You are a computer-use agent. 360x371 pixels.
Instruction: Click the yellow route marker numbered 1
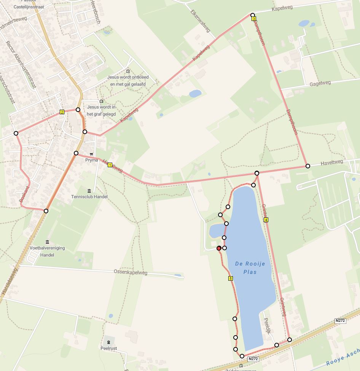click(x=110, y=165)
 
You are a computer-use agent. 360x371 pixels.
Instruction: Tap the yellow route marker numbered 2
click(x=62, y=112)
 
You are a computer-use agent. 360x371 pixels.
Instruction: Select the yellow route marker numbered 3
click(x=254, y=19)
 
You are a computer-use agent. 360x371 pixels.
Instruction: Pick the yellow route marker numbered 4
click(x=266, y=220)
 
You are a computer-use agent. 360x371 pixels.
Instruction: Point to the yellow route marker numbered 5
click(x=231, y=278)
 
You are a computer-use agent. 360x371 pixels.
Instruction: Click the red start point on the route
click(x=219, y=248)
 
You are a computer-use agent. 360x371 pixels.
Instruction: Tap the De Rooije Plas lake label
click(x=250, y=268)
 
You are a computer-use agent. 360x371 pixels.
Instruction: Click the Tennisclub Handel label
click(x=89, y=197)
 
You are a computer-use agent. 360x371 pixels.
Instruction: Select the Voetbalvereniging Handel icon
click(x=47, y=242)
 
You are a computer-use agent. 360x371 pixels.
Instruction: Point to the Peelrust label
click(x=108, y=348)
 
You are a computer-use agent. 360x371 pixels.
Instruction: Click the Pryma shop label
click(x=91, y=160)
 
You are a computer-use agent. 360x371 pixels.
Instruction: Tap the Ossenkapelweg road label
click(x=131, y=272)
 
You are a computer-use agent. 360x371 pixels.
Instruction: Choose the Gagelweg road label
click(x=320, y=83)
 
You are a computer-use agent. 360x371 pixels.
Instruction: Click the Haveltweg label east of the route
click(x=331, y=162)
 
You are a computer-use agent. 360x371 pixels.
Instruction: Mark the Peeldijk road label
click(x=266, y=326)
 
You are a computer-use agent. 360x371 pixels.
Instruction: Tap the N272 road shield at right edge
click(x=340, y=321)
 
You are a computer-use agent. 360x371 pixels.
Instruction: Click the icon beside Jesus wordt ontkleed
click(x=128, y=71)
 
